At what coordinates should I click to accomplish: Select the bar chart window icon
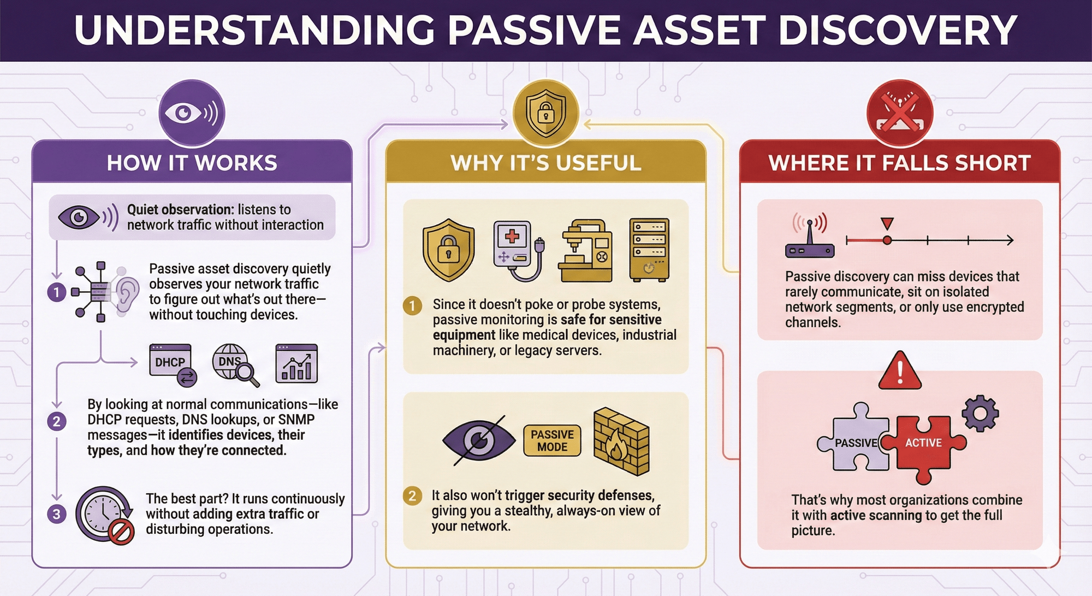[296, 364]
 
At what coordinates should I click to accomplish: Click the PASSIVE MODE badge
[552, 440]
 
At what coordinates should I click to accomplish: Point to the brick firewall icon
[621, 441]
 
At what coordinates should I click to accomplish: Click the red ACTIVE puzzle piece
[923, 444]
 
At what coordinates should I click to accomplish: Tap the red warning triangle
[900, 372]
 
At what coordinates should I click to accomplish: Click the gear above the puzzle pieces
[980, 414]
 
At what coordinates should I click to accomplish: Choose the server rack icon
[649, 250]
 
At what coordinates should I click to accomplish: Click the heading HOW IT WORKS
[192, 163]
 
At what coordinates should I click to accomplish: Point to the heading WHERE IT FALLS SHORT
[899, 163]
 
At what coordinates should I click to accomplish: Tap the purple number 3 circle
[57, 514]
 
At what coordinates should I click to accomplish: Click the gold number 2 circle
[412, 495]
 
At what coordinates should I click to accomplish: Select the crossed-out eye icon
[479, 440]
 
